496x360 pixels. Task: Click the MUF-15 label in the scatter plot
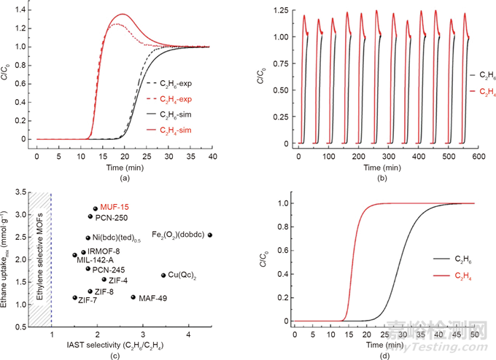[115, 208]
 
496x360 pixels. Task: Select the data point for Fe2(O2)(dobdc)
[210, 235]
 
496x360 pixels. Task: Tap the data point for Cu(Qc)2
[163, 275]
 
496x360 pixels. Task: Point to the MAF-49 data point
[133, 297]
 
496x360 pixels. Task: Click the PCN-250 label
[112, 216]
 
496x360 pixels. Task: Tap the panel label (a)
[124, 177]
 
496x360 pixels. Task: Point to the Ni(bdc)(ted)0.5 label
[122, 238]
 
